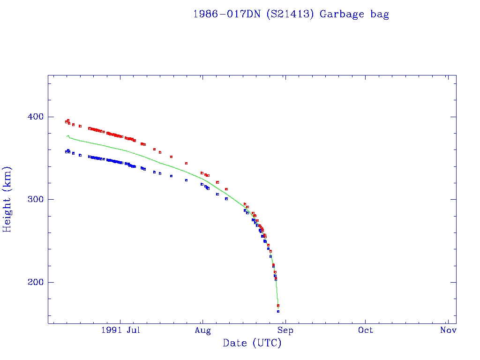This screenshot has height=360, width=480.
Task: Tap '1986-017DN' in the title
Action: (227, 14)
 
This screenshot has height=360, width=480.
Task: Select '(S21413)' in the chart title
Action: (290, 14)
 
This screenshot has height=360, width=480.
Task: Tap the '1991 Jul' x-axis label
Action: (120, 330)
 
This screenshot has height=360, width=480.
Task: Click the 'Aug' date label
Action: (202, 330)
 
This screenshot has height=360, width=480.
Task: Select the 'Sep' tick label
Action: (285, 330)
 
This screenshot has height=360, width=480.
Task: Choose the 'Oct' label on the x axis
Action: (366, 330)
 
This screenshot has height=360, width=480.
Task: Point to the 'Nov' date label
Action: (448, 330)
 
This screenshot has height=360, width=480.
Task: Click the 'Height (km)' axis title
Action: (7, 199)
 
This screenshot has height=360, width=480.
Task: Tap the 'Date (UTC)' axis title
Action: (252, 343)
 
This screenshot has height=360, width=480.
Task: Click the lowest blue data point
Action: (278, 311)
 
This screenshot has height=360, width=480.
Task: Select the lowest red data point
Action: (278, 306)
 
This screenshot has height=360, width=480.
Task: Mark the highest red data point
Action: (68, 120)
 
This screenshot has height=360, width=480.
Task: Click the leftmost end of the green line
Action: (67, 136)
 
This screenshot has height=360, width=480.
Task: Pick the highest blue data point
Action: (68, 150)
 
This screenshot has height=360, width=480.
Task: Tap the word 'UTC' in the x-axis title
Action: (266, 343)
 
